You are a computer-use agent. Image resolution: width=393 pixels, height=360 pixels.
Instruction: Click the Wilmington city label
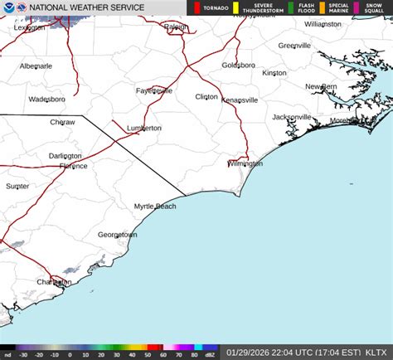[x=245, y=163]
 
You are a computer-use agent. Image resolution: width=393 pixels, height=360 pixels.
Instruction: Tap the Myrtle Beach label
[x=155, y=206]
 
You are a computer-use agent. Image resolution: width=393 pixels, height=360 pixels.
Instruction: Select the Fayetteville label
[x=154, y=90]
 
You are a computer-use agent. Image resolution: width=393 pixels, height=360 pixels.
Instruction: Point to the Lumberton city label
[x=144, y=129]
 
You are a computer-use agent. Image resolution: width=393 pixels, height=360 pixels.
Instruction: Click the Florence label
[x=73, y=166]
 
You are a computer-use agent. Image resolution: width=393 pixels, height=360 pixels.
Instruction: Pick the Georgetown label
[x=117, y=235]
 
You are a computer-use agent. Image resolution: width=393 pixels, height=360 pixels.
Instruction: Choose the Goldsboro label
[x=238, y=65]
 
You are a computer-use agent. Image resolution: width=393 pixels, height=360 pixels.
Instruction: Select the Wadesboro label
[x=46, y=99]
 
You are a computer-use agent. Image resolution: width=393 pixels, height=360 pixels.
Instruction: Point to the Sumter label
[x=17, y=187]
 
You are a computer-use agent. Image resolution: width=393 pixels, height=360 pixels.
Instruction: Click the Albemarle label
[x=36, y=66]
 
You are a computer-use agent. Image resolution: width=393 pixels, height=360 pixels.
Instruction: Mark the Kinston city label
[x=274, y=73]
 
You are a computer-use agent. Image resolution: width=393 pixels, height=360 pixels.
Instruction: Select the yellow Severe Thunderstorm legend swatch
[x=236, y=8]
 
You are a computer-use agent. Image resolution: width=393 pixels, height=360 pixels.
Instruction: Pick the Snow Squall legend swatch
[x=357, y=8]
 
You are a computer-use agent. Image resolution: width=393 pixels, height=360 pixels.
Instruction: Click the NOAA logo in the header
[x=8, y=8]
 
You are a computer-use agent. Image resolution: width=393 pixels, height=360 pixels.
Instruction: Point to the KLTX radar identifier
[x=379, y=353]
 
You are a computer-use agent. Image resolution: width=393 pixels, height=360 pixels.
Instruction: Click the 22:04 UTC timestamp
[x=290, y=353]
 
